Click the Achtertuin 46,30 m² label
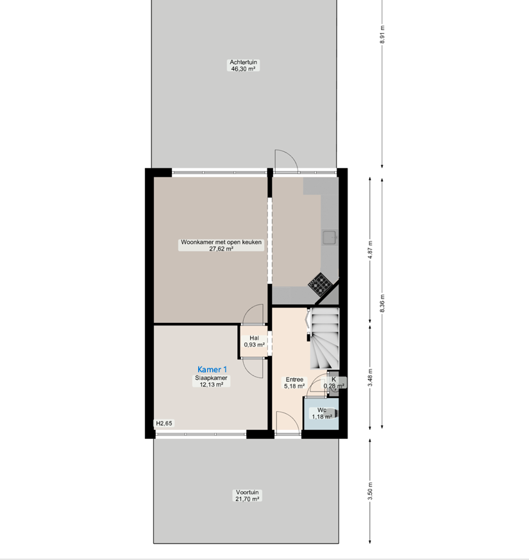243,65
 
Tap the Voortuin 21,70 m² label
247,495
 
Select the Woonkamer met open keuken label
221,242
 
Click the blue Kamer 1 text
212,369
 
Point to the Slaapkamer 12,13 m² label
211,381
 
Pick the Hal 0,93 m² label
254,341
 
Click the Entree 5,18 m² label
294,383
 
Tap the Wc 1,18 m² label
322,413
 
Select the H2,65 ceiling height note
164,424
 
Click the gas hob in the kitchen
320,284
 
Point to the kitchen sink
330,237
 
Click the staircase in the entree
324,338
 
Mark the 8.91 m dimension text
382,35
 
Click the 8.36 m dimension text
382,303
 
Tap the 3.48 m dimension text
370,377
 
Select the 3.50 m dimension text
370,491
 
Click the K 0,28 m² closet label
334,383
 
